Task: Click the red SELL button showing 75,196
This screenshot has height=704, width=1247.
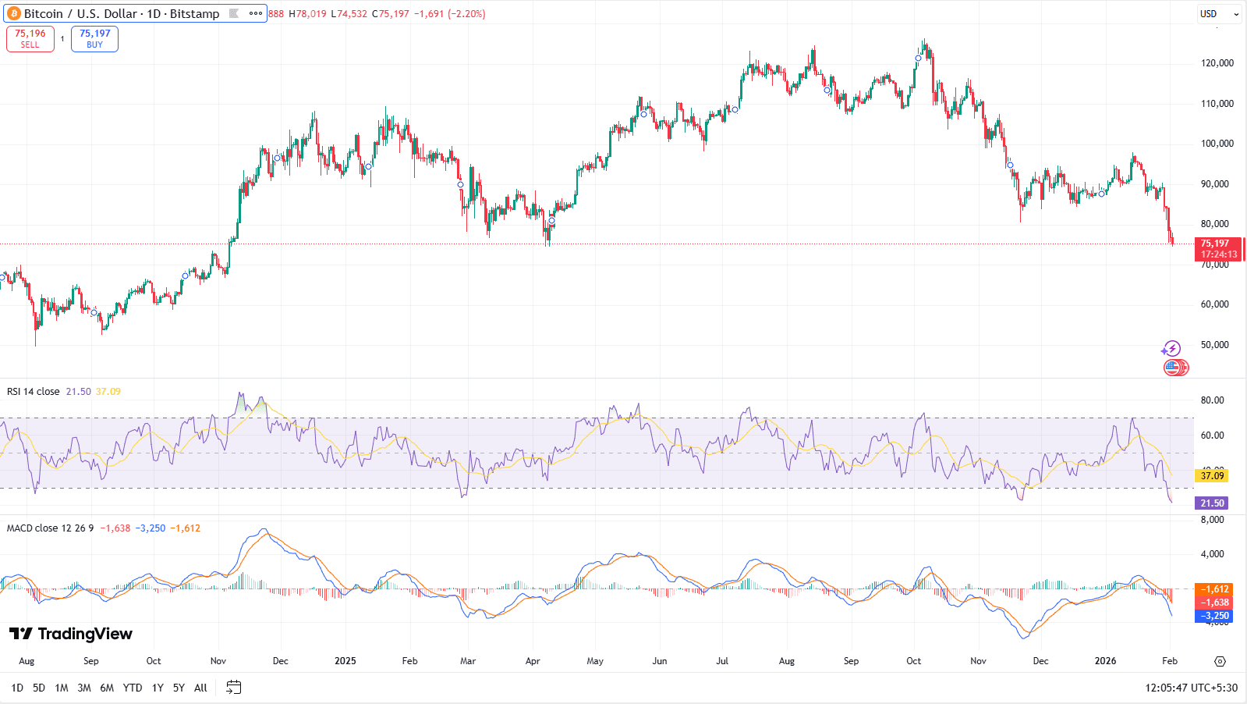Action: [30, 39]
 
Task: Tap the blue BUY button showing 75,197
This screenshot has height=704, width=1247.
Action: [94, 39]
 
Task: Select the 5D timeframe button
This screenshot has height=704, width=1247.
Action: [39, 688]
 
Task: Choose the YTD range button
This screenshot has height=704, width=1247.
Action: [133, 688]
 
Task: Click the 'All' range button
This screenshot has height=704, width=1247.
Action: [200, 688]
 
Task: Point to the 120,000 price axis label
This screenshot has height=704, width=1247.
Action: [1217, 63]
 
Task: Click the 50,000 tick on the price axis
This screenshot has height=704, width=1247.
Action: [1214, 345]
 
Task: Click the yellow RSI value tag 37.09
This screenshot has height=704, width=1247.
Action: [1212, 475]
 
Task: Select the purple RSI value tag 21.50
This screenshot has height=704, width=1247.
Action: [1212, 503]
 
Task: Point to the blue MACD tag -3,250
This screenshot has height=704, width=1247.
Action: [1214, 616]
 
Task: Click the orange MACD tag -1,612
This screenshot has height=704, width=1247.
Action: [1214, 589]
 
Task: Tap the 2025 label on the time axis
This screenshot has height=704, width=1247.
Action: [345, 661]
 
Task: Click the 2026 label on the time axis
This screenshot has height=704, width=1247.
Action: [1105, 661]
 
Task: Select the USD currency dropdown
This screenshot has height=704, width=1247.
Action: [1219, 14]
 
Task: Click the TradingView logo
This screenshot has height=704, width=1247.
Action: [71, 634]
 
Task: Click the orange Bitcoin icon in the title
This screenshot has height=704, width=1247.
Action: [13, 14]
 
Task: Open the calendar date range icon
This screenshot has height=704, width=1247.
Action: [233, 688]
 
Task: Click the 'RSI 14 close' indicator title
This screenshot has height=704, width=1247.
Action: [34, 392]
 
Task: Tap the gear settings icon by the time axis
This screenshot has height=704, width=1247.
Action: [1220, 661]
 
